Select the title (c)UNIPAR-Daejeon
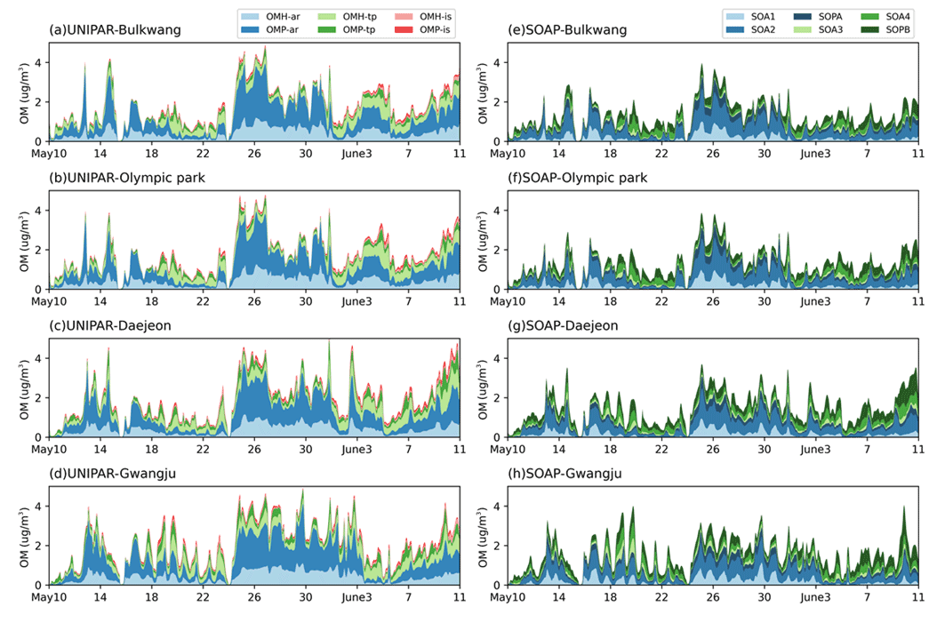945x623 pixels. coord(110,326)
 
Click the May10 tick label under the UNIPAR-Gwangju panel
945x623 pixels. coord(50,599)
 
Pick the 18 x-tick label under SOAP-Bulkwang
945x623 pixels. coord(611,155)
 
